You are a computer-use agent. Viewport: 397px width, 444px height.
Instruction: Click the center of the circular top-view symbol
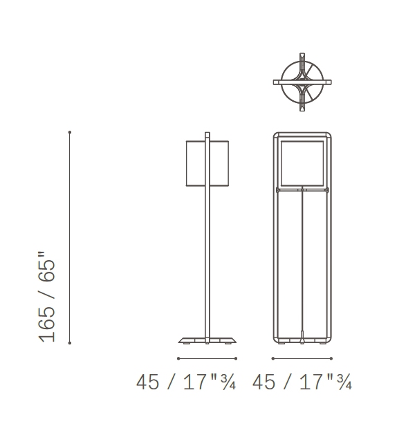pos(302,82)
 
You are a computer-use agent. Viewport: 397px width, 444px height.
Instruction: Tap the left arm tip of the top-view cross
pos(275,82)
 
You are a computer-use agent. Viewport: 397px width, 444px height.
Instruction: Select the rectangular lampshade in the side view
pos(207,163)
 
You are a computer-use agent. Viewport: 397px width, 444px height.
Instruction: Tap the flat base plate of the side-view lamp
pos(207,340)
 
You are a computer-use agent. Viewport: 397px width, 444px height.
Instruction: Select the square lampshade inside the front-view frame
pos(302,163)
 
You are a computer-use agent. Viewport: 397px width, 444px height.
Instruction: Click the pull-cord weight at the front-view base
pos(302,340)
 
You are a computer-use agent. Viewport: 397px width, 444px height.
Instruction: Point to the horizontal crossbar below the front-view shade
pos(302,189)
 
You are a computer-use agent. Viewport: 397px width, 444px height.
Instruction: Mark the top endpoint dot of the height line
pos(70,131)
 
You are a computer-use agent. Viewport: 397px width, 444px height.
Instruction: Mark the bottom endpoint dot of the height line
pos(70,342)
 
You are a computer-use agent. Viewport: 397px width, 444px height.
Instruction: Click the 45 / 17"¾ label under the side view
pos(186,382)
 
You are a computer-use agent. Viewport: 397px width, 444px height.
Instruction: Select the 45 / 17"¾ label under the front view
pos(302,382)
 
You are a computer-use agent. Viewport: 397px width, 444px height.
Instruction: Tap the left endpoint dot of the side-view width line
pos(178,358)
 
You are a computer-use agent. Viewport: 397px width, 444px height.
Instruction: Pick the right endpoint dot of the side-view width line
pos(237,358)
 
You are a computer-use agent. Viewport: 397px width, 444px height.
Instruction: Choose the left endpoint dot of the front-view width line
pos(273,358)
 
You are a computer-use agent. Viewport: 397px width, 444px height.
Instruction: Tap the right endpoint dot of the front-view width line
pos(331,358)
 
